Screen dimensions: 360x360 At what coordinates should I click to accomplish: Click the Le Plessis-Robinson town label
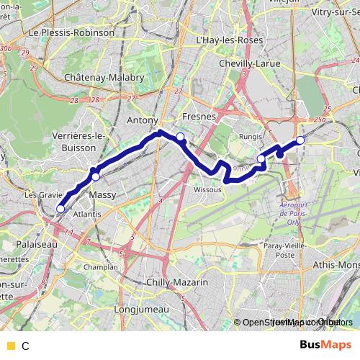pos(71,32)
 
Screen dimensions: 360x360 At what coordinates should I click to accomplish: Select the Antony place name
pos(142,120)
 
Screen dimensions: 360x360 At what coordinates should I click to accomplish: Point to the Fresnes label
pos(196,116)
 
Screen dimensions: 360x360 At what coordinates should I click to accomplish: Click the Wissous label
pos(208,190)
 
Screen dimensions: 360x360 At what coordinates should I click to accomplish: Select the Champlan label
pos(101,266)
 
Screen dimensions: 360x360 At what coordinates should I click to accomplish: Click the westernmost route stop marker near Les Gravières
pos(60,209)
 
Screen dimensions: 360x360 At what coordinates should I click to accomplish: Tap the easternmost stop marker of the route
pos(300,140)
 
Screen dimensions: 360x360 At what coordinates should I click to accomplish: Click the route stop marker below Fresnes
pos(181,137)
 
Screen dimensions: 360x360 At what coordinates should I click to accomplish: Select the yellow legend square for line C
pos(10,346)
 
